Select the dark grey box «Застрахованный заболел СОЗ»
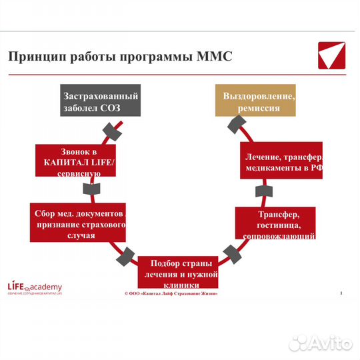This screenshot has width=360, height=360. point(100,101)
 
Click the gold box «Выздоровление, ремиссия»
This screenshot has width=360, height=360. point(256,101)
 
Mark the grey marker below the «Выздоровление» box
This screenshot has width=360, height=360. point(237,124)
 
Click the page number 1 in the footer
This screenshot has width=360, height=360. point(341,293)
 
